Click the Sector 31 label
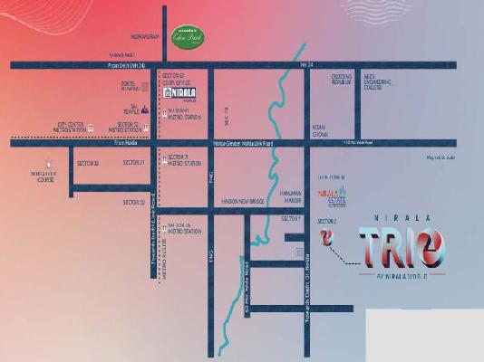[133, 162]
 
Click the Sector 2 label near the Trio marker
[326, 221]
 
